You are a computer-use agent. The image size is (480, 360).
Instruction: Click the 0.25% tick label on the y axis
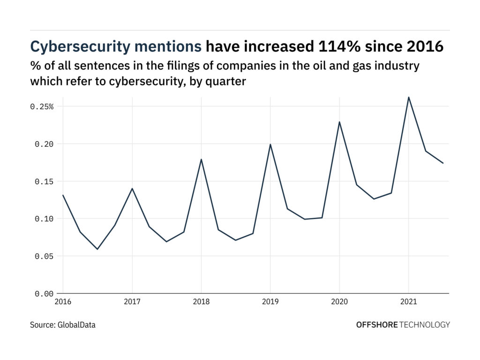click(42, 107)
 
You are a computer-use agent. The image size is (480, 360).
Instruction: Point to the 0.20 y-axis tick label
click(44, 144)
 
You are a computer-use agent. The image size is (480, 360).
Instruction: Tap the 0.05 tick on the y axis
click(44, 256)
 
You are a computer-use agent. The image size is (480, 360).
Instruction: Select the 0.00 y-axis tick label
click(44, 294)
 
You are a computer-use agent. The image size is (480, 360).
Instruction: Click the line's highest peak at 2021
click(409, 97)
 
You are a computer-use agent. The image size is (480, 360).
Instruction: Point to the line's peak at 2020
click(339, 122)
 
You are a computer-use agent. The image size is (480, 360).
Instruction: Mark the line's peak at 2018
click(201, 159)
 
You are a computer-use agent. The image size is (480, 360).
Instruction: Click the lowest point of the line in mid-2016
click(97, 249)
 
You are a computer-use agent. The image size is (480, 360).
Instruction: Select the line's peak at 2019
click(270, 144)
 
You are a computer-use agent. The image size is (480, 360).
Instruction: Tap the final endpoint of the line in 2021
click(443, 163)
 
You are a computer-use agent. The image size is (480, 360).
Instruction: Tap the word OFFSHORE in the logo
click(376, 324)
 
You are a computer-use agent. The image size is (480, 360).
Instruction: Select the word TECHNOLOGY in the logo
click(425, 324)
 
